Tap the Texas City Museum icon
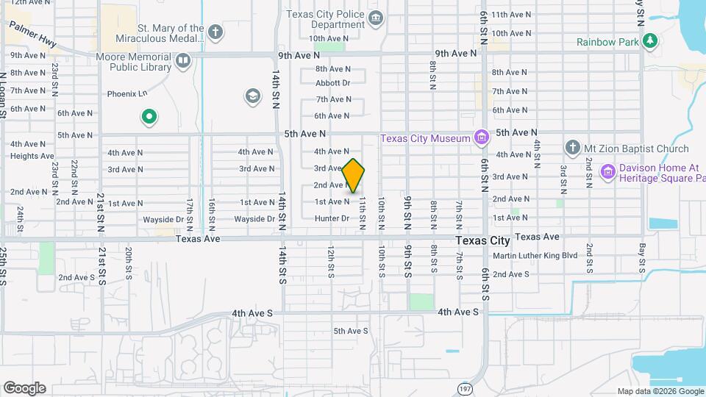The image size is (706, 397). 481,137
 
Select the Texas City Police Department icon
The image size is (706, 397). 376,18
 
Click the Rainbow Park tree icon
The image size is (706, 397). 649,41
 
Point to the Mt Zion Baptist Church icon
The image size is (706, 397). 573,149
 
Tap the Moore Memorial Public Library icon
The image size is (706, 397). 183,60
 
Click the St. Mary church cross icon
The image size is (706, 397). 215,32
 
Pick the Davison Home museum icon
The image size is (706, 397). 607,172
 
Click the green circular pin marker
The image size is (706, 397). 149,117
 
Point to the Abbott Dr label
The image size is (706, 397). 332,83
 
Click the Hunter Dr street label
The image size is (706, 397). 332,218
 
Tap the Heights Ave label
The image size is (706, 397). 32,156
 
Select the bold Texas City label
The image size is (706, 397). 482,240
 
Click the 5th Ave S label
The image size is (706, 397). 350,331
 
